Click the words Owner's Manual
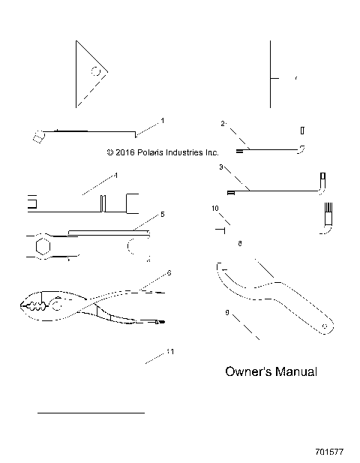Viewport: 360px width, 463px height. (271, 371)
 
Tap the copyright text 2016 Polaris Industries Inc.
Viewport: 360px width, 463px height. (163, 152)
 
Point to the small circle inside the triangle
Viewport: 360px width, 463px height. (94, 73)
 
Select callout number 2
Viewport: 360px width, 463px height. (223, 122)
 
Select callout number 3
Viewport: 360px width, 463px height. (220, 167)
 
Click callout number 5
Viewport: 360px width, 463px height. (162, 215)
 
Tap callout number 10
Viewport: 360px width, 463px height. (215, 207)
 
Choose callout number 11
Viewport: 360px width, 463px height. (170, 351)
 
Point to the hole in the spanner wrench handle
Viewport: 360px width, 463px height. (323, 325)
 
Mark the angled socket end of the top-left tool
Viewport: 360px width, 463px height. (36, 136)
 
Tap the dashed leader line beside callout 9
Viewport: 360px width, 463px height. (247, 328)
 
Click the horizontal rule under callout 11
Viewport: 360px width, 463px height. (91, 413)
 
